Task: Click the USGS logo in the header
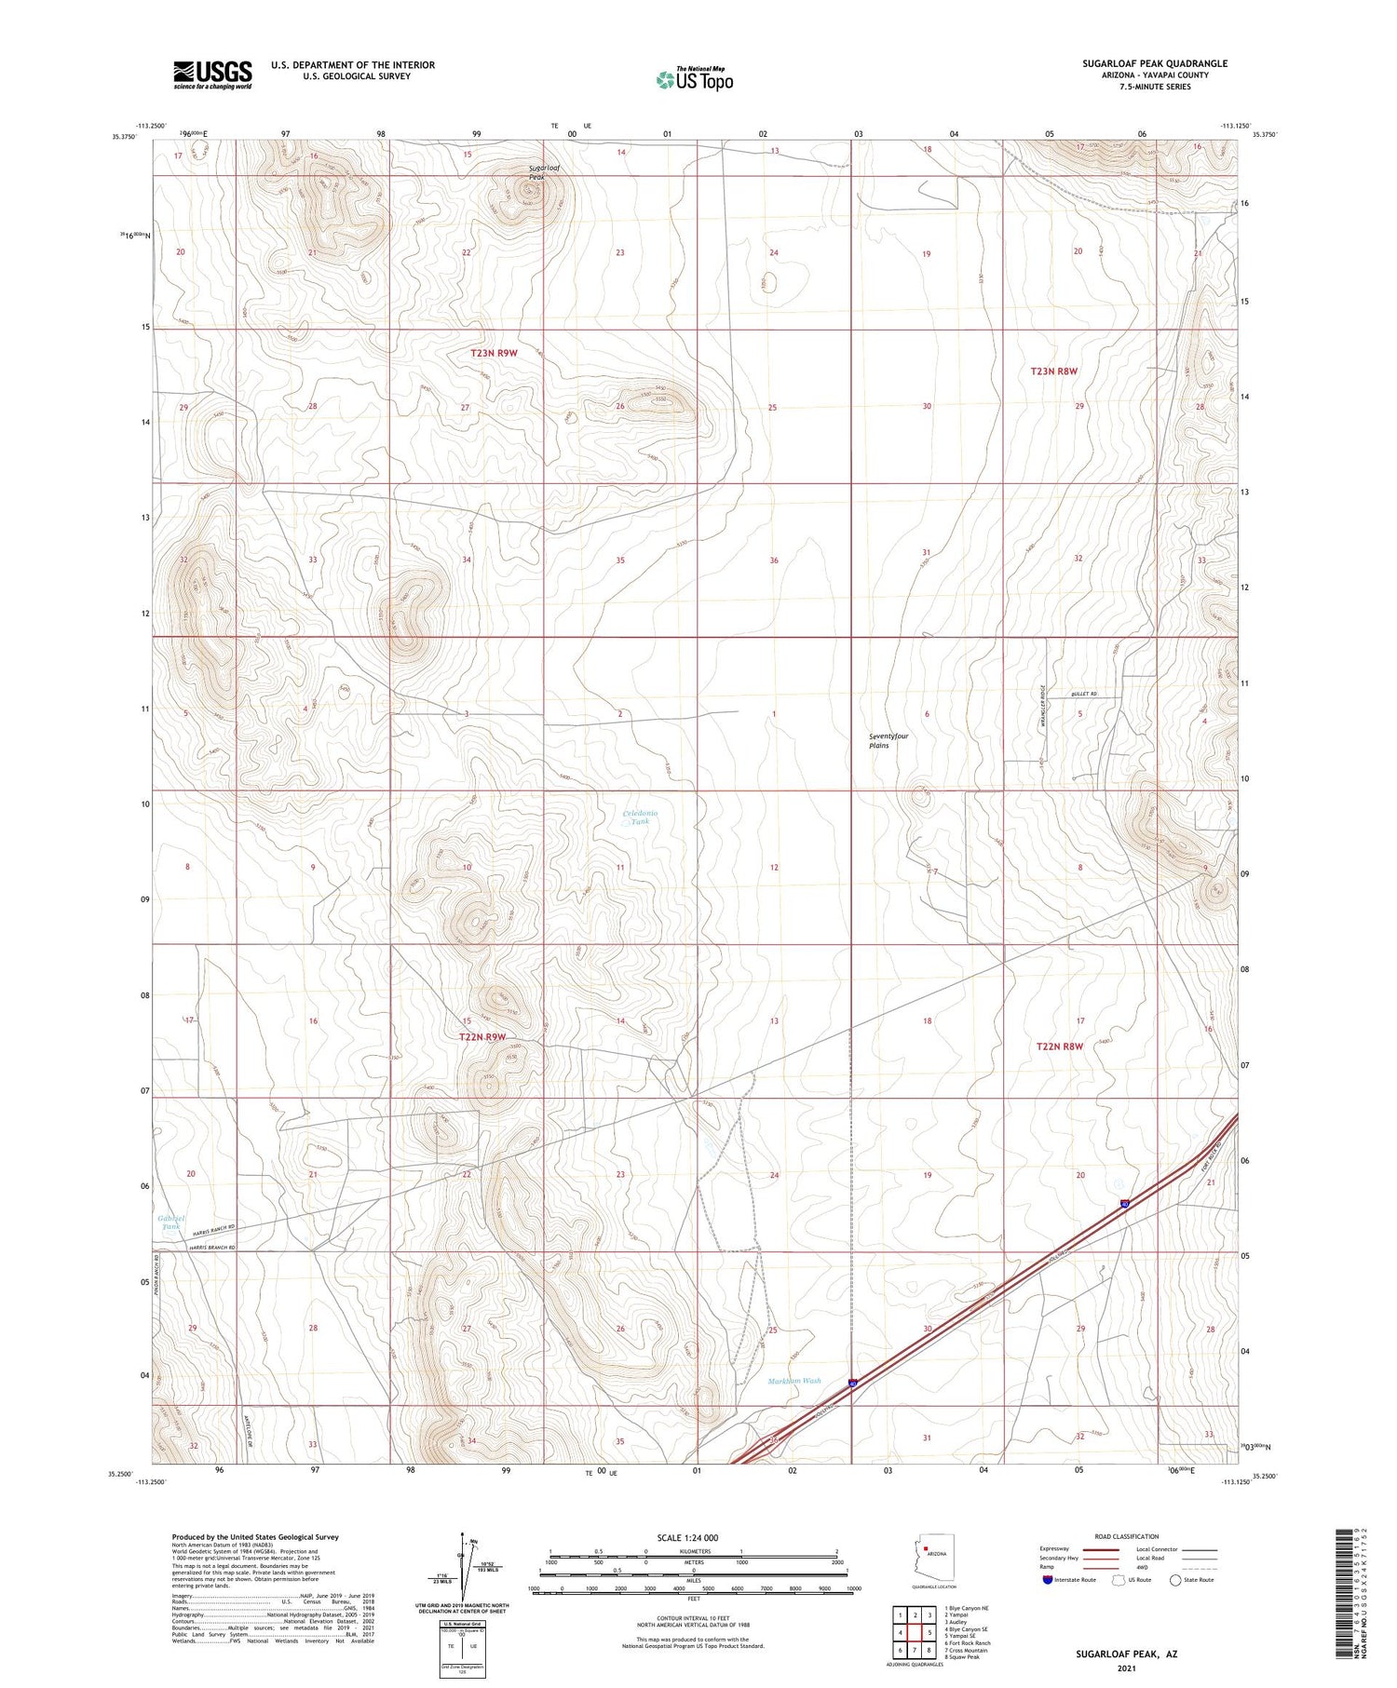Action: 212,74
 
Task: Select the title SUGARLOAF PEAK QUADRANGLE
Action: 1154,63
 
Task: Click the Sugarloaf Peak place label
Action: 545,172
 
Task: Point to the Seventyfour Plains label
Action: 888,740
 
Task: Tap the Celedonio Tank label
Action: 639,817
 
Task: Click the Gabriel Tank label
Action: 171,1222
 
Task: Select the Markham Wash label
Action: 794,1381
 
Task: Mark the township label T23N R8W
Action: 1053,371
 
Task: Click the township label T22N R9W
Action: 481,1036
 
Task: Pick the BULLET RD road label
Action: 1084,695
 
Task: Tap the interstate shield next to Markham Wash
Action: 853,1384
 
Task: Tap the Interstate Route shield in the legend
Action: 1048,1579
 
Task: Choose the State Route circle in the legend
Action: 1175,1579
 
